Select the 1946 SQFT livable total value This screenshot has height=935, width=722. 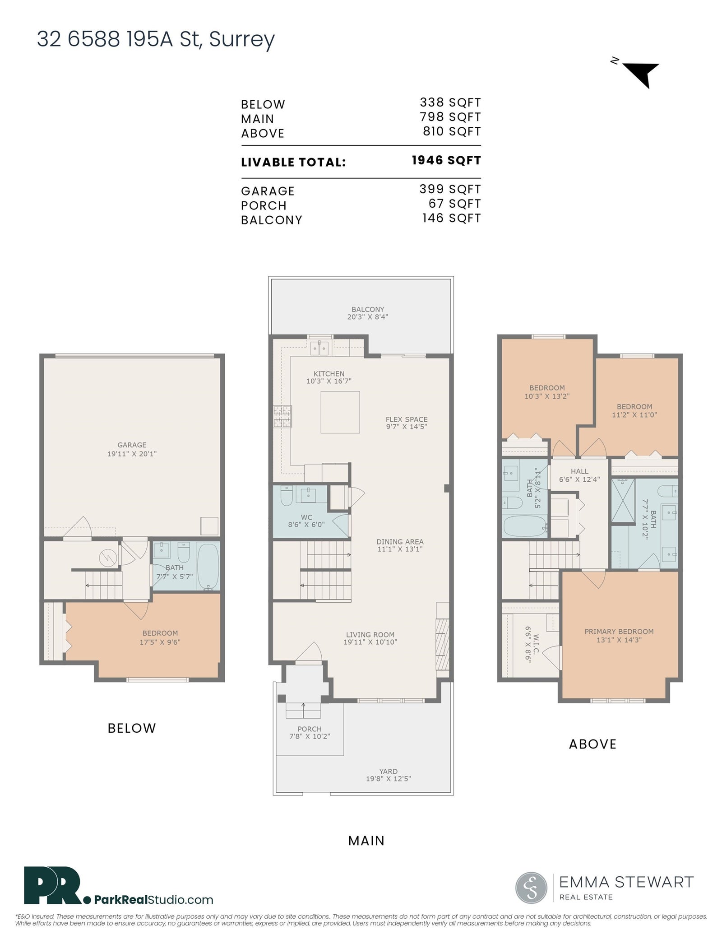pyautogui.click(x=446, y=161)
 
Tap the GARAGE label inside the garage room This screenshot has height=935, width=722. pyautogui.click(x=132, y=445)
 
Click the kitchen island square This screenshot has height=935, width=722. pyautogui.click(x=340, y=412)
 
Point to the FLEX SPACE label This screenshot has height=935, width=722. pyautogui.click(x=407, y=419)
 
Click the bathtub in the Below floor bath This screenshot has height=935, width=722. pyautogui.click(x=208, y=567)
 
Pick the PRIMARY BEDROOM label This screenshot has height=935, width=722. pyautogui.click(x=619, y=632)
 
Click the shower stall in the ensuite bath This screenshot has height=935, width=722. pyautogui.click(x=623, y=501)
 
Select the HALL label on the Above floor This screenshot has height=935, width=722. pyautogui.click(x=579, y=471)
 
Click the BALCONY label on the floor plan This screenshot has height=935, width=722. pyautogui.click(x=368, y=310)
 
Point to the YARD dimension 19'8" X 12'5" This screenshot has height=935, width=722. pyautogui.click(x=389, y=779)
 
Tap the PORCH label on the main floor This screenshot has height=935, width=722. pyautogui.click(x=310, y=729)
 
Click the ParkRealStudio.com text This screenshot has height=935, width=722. pyautogui.click(x=154, y=900)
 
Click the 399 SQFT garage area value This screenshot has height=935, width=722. pyautogui.click(x=450, y=189)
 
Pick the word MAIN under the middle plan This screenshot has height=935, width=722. pyautogui.click(x=366, y=841)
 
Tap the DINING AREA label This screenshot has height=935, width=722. pyautogui.click(x=400, y=542)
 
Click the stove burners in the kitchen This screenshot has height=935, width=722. pyautogui.click(x=283, y=417)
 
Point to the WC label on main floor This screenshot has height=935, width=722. pyautogui.click(x=306, y=517)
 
